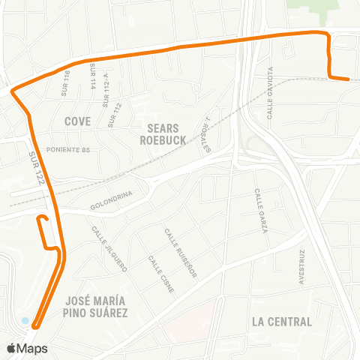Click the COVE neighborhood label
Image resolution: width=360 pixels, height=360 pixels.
pos(77,121)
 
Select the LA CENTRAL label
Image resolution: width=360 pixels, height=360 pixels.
pos(281,322)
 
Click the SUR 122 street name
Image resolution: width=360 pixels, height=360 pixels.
pos(35,165)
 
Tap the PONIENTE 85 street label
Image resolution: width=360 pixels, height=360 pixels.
pos(68,150)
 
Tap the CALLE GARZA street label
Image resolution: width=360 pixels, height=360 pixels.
pos(260,211)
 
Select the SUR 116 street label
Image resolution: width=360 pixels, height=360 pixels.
pos(65,83)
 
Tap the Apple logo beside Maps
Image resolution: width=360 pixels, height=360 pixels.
pos(11,348)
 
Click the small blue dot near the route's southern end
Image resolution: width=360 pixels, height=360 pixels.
pos(25,321)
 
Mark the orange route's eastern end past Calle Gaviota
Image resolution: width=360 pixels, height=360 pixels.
pos(347,78)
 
